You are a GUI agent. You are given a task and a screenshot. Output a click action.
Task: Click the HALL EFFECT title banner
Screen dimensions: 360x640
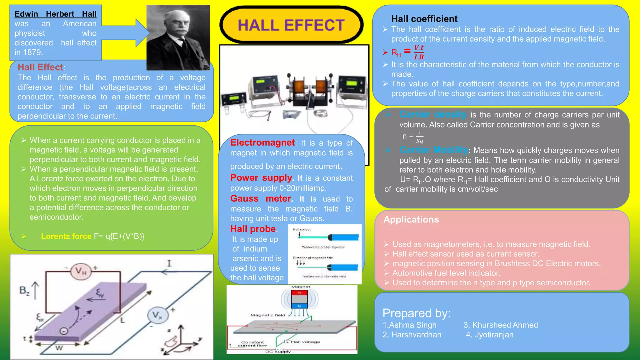291,25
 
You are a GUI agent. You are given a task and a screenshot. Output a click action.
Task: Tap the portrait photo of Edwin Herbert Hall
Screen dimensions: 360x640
178,37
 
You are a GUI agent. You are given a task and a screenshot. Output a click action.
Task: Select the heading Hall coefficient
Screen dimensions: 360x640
424,19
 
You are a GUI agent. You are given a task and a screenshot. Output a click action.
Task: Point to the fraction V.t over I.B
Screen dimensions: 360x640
419,52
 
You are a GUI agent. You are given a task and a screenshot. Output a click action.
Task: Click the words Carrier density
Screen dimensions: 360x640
433,115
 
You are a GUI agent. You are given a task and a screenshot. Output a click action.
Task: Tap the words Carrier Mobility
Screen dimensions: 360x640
433,150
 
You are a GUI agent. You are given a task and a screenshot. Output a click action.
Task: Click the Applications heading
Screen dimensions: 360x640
411,220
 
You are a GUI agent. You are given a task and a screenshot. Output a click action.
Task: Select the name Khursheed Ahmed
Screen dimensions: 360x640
505,325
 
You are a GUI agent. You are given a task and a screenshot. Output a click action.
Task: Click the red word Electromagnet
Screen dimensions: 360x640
262,143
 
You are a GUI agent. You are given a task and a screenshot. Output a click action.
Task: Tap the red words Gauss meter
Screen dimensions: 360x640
261,199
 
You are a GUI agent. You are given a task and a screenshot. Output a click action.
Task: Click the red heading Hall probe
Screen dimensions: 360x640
253,229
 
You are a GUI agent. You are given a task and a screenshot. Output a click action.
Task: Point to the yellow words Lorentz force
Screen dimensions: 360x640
66,236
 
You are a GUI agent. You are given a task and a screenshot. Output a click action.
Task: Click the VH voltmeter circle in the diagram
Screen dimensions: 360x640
81,271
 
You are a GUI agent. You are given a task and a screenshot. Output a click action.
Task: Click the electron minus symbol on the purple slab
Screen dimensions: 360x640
64,331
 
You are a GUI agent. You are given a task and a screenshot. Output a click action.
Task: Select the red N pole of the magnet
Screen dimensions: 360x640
299,293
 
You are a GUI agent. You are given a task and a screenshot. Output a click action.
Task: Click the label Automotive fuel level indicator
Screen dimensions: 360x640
446,273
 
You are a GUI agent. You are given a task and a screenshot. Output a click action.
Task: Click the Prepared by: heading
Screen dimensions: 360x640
416,313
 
